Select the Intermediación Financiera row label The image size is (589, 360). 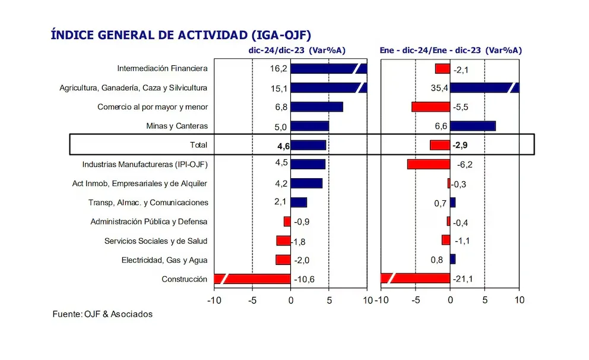coord(162,68)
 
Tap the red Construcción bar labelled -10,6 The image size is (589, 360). coord(252,279)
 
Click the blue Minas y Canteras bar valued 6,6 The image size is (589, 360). coord(473,126)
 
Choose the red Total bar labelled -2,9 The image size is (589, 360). coord(440,145)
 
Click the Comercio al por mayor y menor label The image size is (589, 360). coord(153,107)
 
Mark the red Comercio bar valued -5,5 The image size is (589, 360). coord(430,107)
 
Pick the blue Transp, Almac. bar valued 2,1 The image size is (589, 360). coord(299,203)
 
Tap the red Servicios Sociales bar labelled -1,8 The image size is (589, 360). coord(283,241)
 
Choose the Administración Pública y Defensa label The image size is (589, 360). coord(149,222)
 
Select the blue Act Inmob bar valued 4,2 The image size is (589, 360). coord(306,183)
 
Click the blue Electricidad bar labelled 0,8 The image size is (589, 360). coord(452,259)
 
